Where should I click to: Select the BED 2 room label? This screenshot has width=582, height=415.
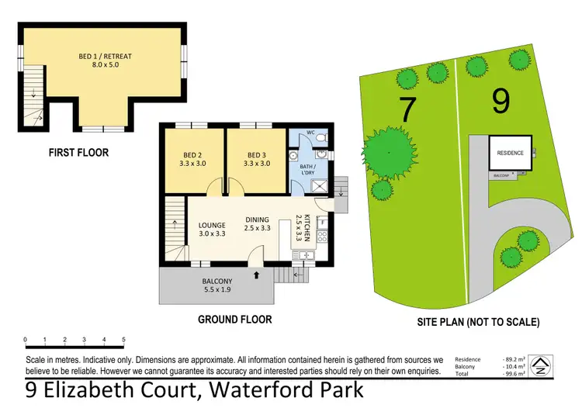193,159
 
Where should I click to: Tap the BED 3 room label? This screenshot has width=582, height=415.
255,159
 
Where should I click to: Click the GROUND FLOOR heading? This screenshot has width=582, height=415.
234,319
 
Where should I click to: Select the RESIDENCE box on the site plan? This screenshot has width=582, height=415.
510,154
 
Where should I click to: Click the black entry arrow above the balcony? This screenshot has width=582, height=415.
257,275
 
